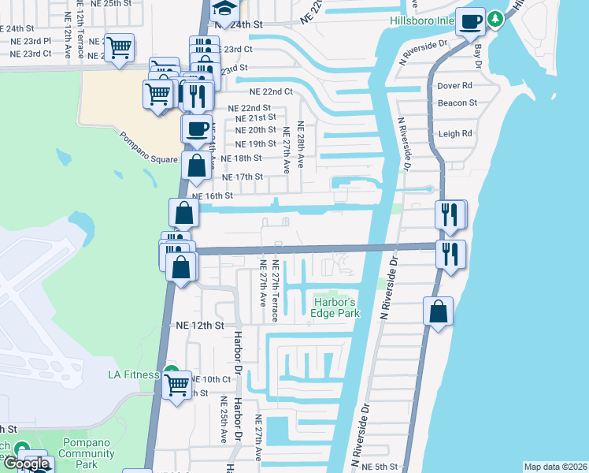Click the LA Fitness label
tap(135, 374)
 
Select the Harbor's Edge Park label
tap(336, 307)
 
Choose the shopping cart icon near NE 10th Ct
tap(177, 386)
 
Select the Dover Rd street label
tap(454, 85)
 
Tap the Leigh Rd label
tap(454, 134)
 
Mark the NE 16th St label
tap(213, 196)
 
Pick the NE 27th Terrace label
tap(275, 291)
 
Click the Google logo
tap(27, 463)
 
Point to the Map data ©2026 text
tap(555, 467)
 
